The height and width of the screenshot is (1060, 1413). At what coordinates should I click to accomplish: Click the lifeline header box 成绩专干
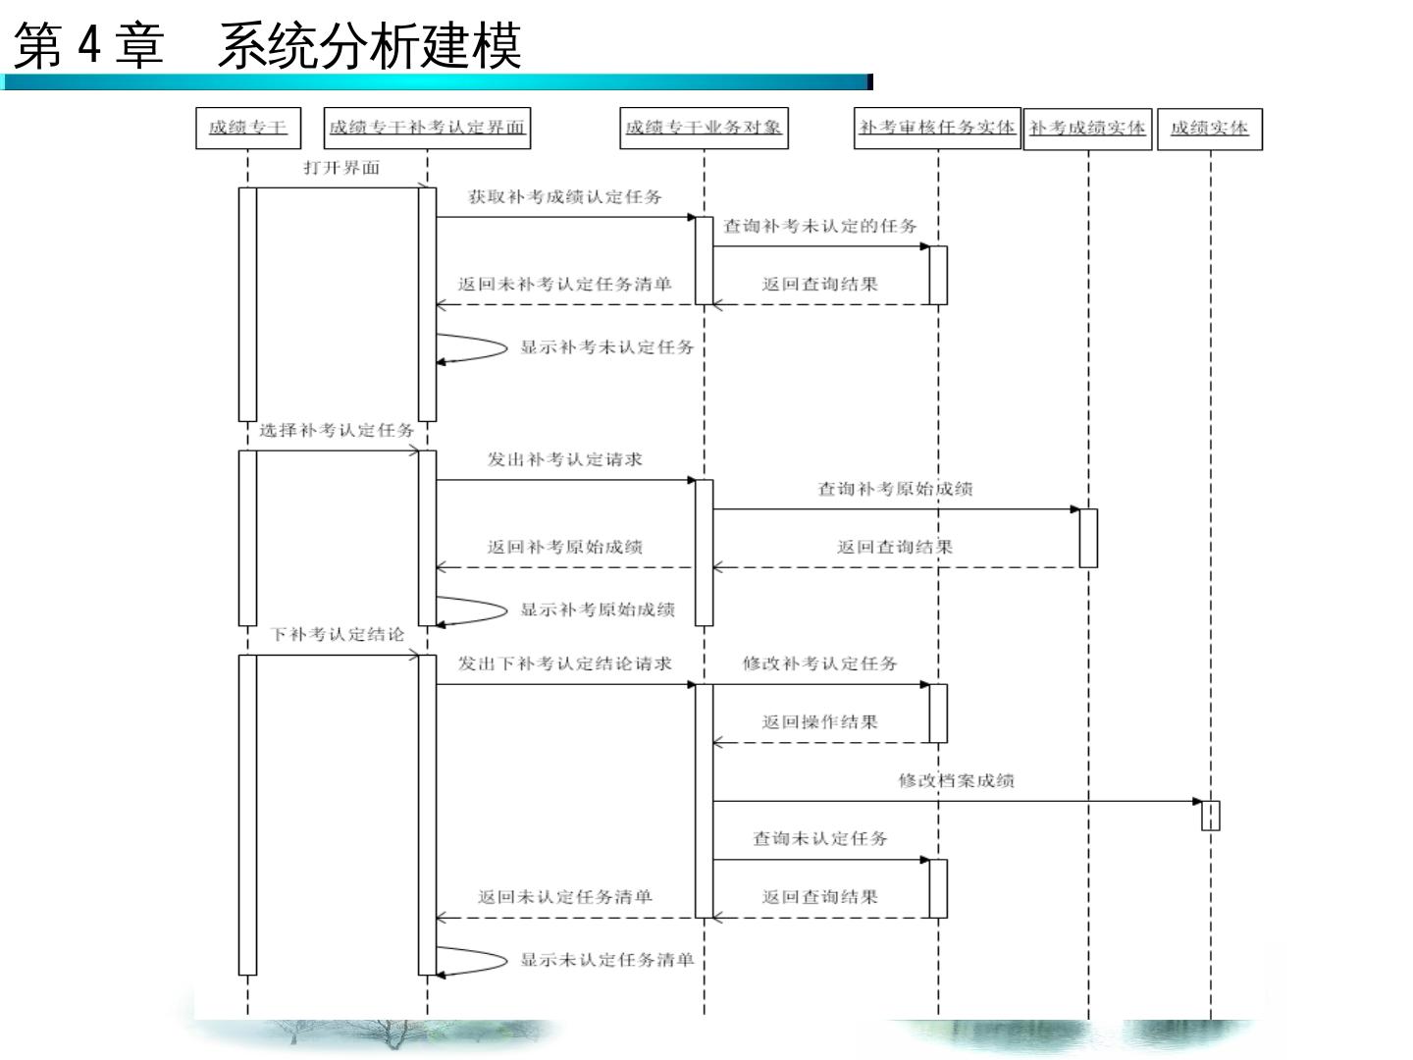(x=248, y=128)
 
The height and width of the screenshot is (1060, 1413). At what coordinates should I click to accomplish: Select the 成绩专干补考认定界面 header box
(x=427, y=128)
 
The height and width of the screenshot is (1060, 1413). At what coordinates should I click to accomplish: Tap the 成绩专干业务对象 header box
(x=704, y=128)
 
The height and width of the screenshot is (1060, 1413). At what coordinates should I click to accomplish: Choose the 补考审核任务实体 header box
(x=937, y=128)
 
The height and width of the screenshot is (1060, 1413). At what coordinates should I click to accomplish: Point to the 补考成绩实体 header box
(x=1087, y=129)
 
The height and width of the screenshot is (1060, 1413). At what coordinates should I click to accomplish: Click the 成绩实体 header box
(x=1210, y=129)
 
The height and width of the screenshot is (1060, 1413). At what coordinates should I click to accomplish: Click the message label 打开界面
(x=341, y=168)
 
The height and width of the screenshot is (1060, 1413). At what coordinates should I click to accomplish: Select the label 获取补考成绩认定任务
(x=564, y=197)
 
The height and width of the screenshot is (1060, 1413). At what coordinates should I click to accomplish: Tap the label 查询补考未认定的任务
(x=820, y=226)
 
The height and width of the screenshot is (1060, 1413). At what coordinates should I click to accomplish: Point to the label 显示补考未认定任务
(x=606, y=347)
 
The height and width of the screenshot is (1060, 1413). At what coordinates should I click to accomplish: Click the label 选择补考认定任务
(x=337, y=430)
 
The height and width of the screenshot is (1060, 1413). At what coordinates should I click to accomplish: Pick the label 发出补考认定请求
(x=564, y=459)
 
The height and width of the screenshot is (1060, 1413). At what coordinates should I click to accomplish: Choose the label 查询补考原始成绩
(x=895, y=489)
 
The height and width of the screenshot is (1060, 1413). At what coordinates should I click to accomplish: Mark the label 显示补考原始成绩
(x=597, y=609)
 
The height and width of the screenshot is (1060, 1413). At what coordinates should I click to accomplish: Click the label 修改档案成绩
(x=956, y=781)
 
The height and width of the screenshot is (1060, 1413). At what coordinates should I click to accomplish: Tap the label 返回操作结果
(x=819, y=722)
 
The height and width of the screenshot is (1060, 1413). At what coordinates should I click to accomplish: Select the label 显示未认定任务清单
(x=606, y=960)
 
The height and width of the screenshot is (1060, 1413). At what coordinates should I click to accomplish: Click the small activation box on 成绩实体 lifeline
(x=1211, y=816)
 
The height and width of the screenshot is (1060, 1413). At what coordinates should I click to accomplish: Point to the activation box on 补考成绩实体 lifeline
(x=1088, y=538)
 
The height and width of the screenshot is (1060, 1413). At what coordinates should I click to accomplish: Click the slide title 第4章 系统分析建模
(x=267, y=46)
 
